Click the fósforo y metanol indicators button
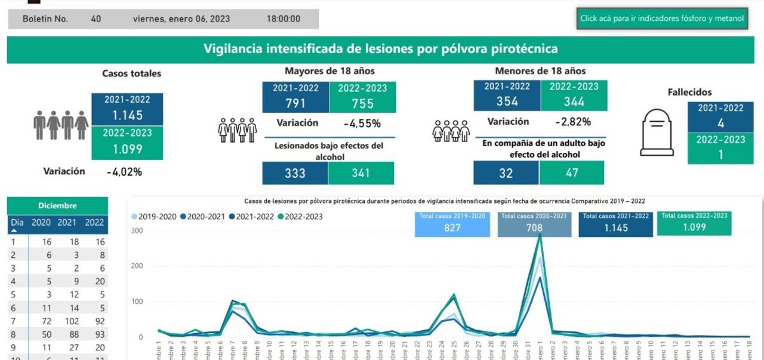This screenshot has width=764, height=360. pos(662,19)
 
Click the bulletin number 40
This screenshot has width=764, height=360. pos(95,19)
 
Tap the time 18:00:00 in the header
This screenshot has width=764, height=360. pos(283,19)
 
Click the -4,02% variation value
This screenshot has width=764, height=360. pos(124,172)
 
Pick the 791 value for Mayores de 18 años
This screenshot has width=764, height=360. pos(295,103)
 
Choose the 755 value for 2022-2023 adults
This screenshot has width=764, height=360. pos(362,103)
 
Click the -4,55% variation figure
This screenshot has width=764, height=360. pos(362,124)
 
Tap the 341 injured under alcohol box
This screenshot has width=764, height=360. pos(361,173)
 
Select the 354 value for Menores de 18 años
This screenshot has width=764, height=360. pos(507,101)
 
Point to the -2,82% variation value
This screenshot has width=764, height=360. pos(572,122)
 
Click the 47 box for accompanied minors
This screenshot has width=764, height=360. pos(571,173)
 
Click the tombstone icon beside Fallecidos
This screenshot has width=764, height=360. pos(657,132)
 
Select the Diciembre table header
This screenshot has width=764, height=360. pos(57,205)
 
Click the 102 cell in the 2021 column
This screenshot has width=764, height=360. pos(72,321)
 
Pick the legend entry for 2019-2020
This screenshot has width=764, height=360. pos(153,217)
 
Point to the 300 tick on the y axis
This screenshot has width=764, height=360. pos(137,230)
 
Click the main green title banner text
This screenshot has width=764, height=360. pos(381,49)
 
